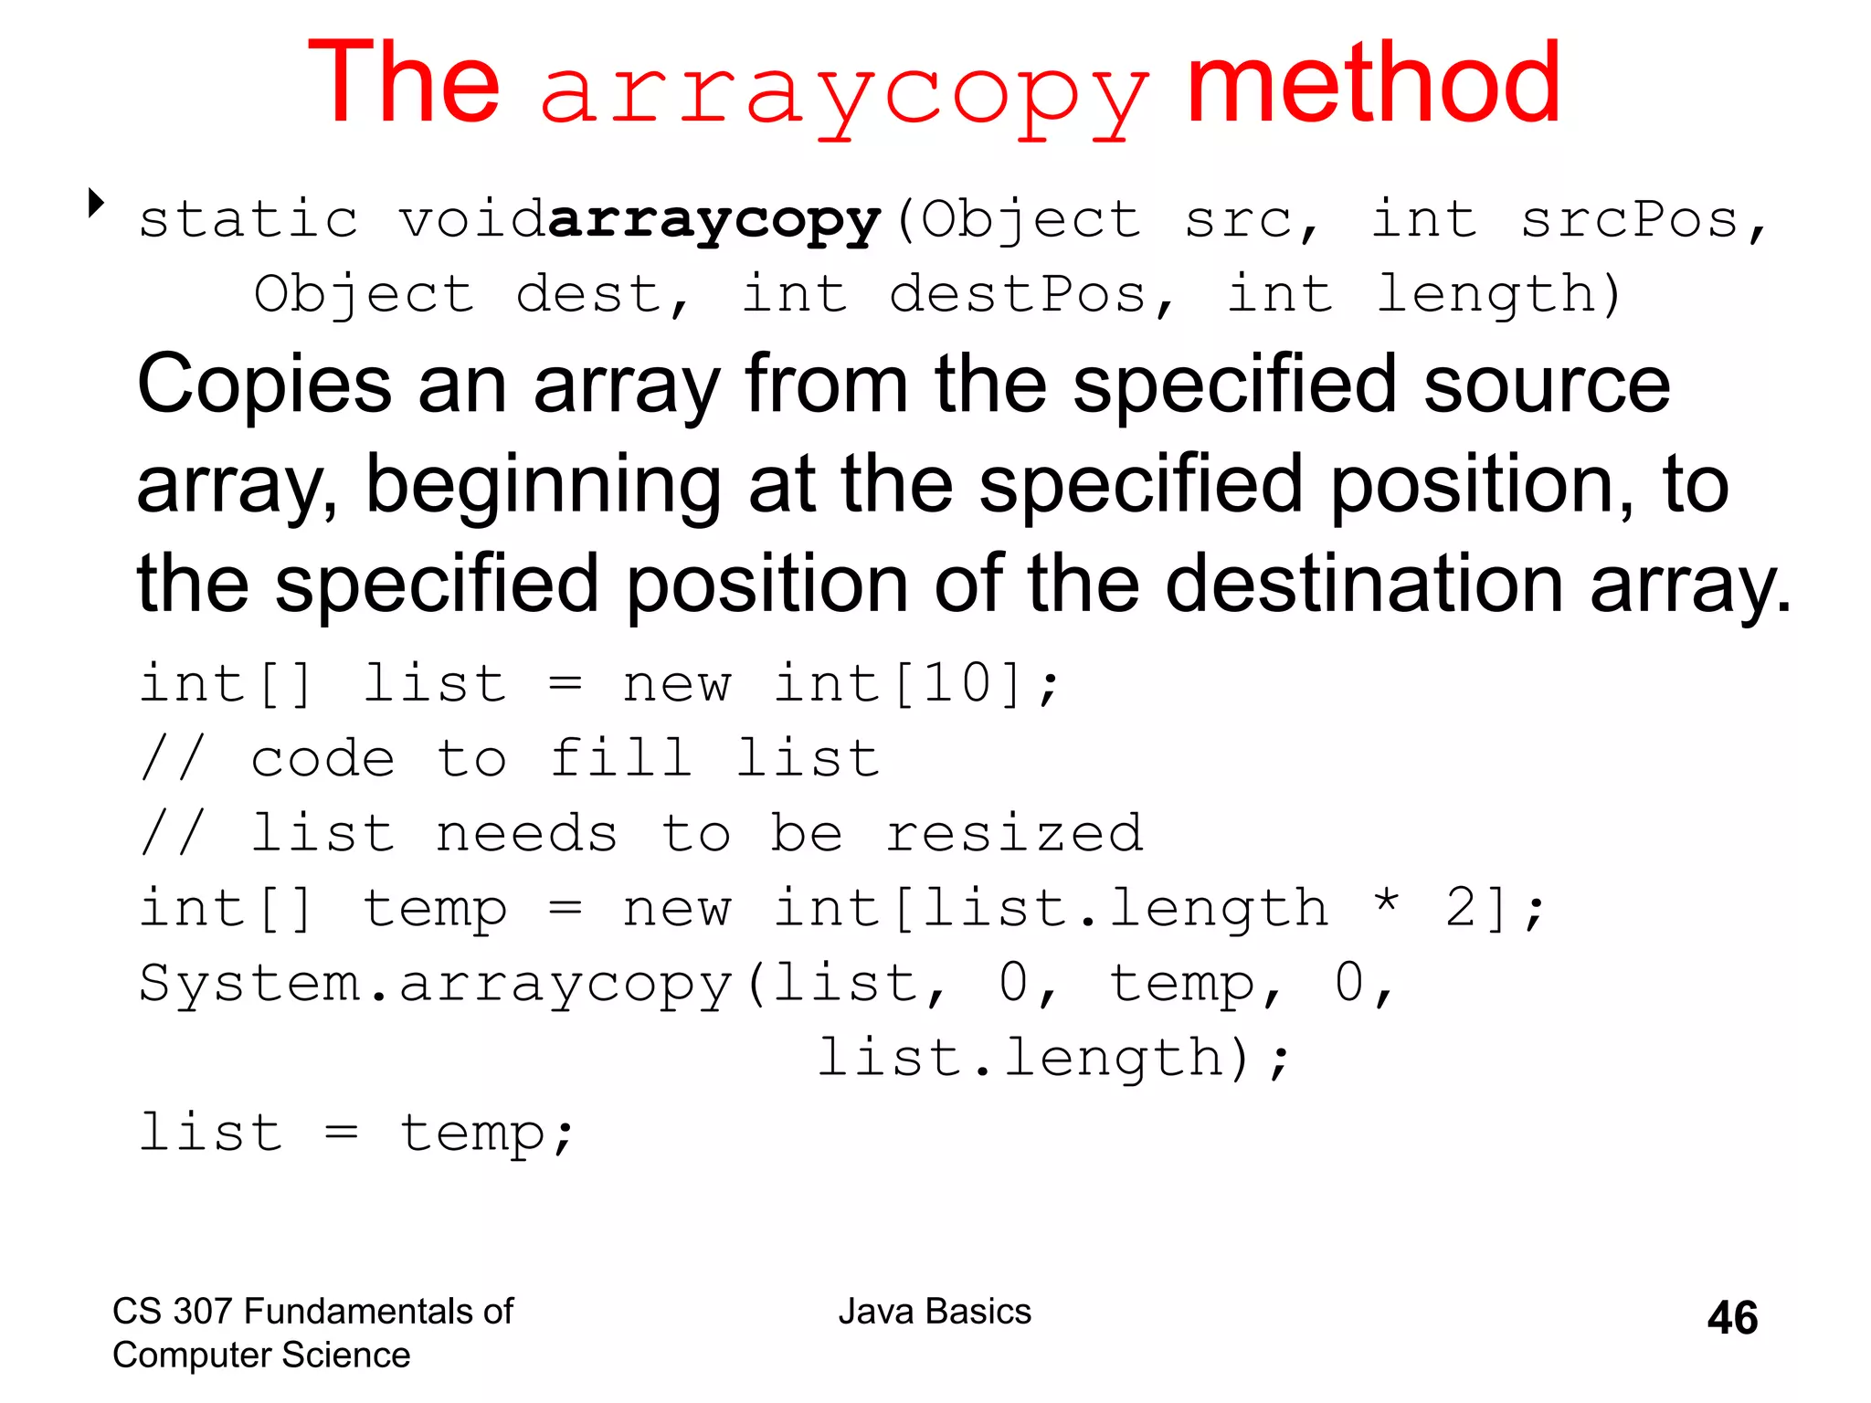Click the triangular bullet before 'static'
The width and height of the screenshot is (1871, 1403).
tap(95, 203)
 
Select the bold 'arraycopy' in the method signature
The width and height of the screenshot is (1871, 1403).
tap(714, 221)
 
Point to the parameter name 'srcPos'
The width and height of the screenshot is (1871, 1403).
tap(1628, 221)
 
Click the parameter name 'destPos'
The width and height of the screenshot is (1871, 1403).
tap(1017, 295)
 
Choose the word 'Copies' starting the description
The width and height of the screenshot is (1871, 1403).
tap(264, 385)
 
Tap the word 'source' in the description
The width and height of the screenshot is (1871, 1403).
tap(1546, 385)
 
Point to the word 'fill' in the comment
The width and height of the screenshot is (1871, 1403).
tap(620, 758)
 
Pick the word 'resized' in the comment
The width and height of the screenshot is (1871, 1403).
tap(1014, 833)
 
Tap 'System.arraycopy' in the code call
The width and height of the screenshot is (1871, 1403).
tap(436, 984)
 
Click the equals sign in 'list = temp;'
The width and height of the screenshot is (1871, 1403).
tap(341, 1134)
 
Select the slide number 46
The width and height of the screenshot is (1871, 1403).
tap(1731, 1318)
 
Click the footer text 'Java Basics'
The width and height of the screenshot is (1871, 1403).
tap(935, 1312)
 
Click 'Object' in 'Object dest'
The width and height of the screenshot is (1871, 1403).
tap(364, 295)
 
